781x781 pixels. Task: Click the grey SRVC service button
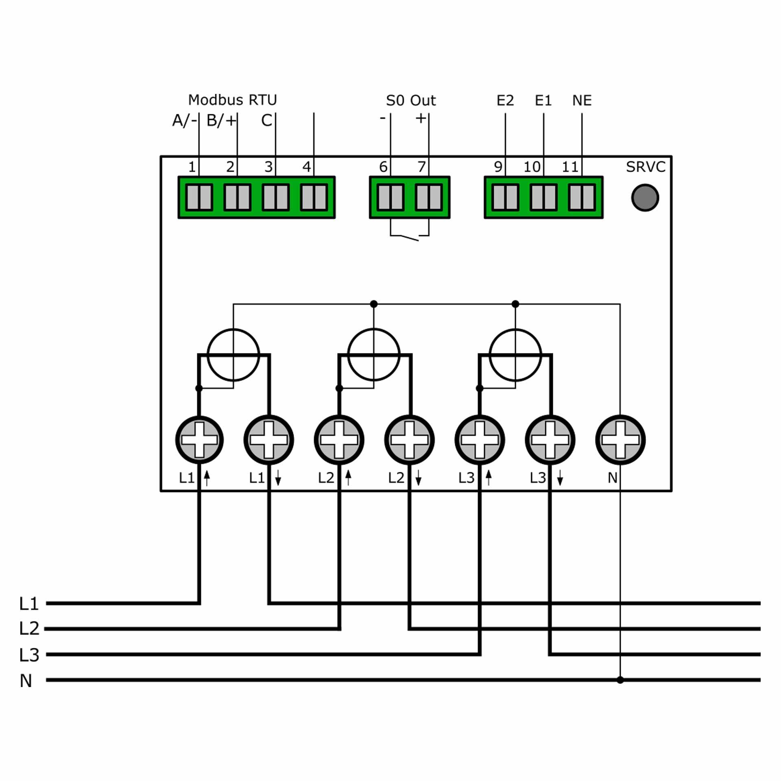click(645, 198)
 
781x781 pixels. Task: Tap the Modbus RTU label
click(232, 100)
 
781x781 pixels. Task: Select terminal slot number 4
click(314, 198)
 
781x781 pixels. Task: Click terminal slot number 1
click(199, 198)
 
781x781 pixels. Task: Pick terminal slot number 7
click(428, 198)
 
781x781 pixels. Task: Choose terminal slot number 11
click(582, 198)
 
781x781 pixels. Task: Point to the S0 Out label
click(410, 100)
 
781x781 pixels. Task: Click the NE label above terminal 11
click(582, 100)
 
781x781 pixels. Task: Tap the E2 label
click(505, 100)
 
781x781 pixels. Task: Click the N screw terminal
click(620, 440)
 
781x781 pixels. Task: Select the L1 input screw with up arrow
click(199, 440)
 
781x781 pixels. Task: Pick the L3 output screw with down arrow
click(550, 440)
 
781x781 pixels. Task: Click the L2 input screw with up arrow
click(339, 440)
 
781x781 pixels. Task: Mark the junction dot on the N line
click(620, 680)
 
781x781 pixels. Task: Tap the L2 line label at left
click(29, 629)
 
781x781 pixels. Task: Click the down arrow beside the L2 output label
click(418, 478)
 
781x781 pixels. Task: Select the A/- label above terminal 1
click(185, 120)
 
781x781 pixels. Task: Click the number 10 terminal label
click(532, 167)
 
